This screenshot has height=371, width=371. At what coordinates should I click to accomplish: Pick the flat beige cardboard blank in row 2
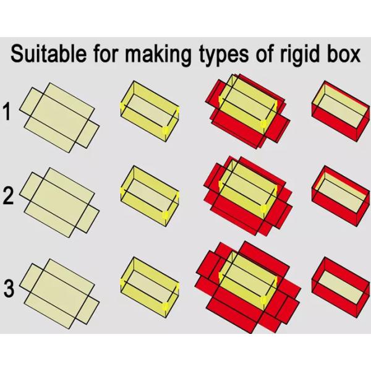59,199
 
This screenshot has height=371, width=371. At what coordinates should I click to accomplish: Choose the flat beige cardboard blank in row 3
59,290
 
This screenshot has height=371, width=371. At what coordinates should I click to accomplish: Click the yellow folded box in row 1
149,112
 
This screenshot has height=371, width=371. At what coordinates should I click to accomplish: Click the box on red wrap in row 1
246,112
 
